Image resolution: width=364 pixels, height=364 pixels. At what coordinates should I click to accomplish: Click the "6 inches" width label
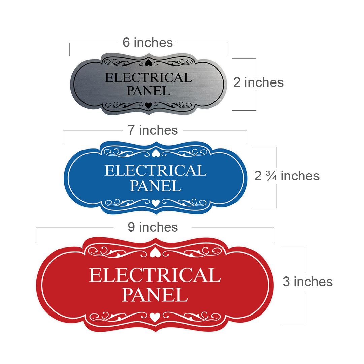(147, 42)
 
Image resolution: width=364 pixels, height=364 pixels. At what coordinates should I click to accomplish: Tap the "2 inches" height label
(258, 82)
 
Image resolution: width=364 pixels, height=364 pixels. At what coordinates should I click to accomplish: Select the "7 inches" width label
(153, 130)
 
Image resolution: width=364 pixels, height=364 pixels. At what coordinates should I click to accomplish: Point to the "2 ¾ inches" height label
(287, 176)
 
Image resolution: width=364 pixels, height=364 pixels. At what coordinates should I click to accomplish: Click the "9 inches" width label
(153, 227)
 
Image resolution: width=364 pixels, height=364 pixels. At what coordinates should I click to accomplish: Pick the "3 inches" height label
(307, 282)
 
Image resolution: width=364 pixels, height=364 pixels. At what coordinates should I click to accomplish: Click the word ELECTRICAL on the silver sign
(148, 78)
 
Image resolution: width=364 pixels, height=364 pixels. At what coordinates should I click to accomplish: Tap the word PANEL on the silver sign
(148, 91)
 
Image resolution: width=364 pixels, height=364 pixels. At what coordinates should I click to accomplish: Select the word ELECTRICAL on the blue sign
(156, 171)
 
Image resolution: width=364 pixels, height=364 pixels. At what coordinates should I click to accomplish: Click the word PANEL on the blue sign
(156, 186)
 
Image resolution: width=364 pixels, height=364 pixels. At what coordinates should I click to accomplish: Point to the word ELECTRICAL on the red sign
(155, 275)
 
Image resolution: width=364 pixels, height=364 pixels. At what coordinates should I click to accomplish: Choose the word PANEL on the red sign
(155, 295)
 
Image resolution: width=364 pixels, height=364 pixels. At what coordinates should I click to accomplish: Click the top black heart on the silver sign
(148, 63)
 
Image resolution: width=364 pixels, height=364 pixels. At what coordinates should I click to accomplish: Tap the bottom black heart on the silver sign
(148, 105)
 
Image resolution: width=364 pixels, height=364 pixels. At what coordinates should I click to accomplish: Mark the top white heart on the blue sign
(156, 153)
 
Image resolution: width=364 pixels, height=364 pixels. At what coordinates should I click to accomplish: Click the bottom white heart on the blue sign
(156, 203)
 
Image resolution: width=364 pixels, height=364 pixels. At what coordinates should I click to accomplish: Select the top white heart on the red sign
(155, 253)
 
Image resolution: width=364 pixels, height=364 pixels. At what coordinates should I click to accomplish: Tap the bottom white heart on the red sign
(155, 317)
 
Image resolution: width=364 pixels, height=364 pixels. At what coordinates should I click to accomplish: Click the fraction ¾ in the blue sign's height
(271, 176)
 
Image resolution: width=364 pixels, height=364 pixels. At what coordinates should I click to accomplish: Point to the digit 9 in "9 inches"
(131, 227)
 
